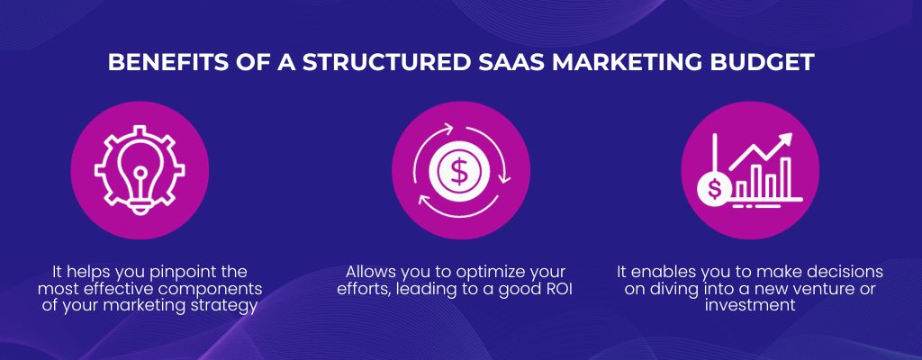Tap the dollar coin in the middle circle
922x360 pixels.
[458, 170]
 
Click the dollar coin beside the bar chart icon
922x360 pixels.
[714, 189]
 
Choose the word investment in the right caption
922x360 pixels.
[750, 306]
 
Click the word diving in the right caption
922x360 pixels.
[672, 290]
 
